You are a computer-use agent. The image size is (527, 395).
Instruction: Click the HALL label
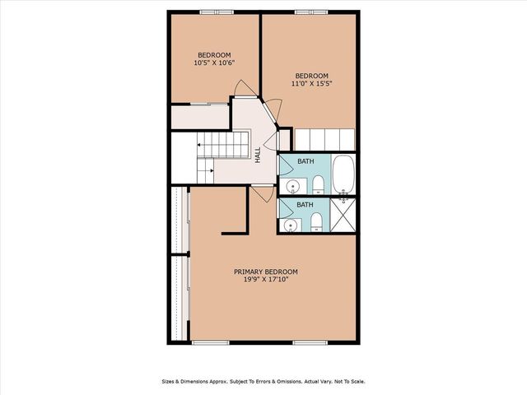point(258,154)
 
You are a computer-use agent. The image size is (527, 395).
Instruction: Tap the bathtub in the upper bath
point(343,175)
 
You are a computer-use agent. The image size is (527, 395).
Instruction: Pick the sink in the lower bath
point(290,225)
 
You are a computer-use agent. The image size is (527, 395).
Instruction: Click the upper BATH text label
point(305,161)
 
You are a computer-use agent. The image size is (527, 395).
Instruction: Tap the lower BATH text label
point(305,205)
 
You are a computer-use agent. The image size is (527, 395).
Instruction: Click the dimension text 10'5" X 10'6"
point(214,63)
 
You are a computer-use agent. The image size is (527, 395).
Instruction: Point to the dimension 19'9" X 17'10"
point(265,280)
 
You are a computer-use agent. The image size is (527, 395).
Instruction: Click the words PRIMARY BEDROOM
point(265,272)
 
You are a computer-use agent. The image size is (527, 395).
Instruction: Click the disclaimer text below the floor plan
point(263,382)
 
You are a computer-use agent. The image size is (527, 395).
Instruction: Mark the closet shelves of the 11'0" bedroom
point(324,139)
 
